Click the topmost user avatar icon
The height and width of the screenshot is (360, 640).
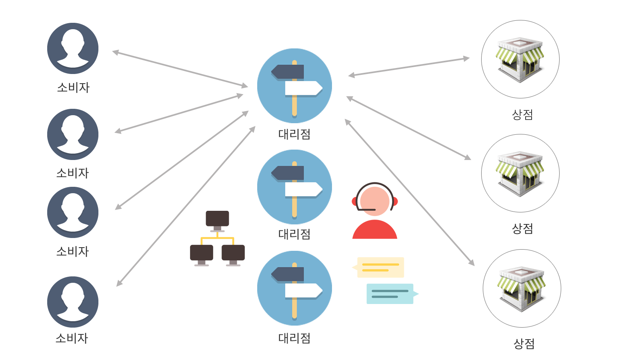(x=73, y=48)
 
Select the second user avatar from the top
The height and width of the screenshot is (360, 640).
(x=73, y=134)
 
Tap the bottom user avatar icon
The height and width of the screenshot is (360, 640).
(x=73, y=302)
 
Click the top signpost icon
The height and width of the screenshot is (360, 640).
(x=294, y=86)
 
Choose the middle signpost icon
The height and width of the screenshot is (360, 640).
(x=294, y=187)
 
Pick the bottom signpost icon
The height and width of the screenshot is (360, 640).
(x=294, y=288)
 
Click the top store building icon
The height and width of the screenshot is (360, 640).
(x=520, y=59)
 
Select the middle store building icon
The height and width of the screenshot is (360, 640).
(x=520, y=173)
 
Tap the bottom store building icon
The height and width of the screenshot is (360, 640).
(x=522, y=288)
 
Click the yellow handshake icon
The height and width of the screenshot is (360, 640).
(x=217, y=236)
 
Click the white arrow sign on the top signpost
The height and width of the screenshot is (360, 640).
(x=303, y=88)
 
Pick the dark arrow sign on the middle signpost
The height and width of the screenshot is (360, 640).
(x=288, y=173)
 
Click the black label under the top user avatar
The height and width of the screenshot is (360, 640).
(x=73, y=88)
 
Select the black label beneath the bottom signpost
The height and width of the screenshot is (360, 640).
(x=294, y=338)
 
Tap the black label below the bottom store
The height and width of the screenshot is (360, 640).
(x=524, y=344)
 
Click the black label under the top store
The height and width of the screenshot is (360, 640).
(x=522, y=115)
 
